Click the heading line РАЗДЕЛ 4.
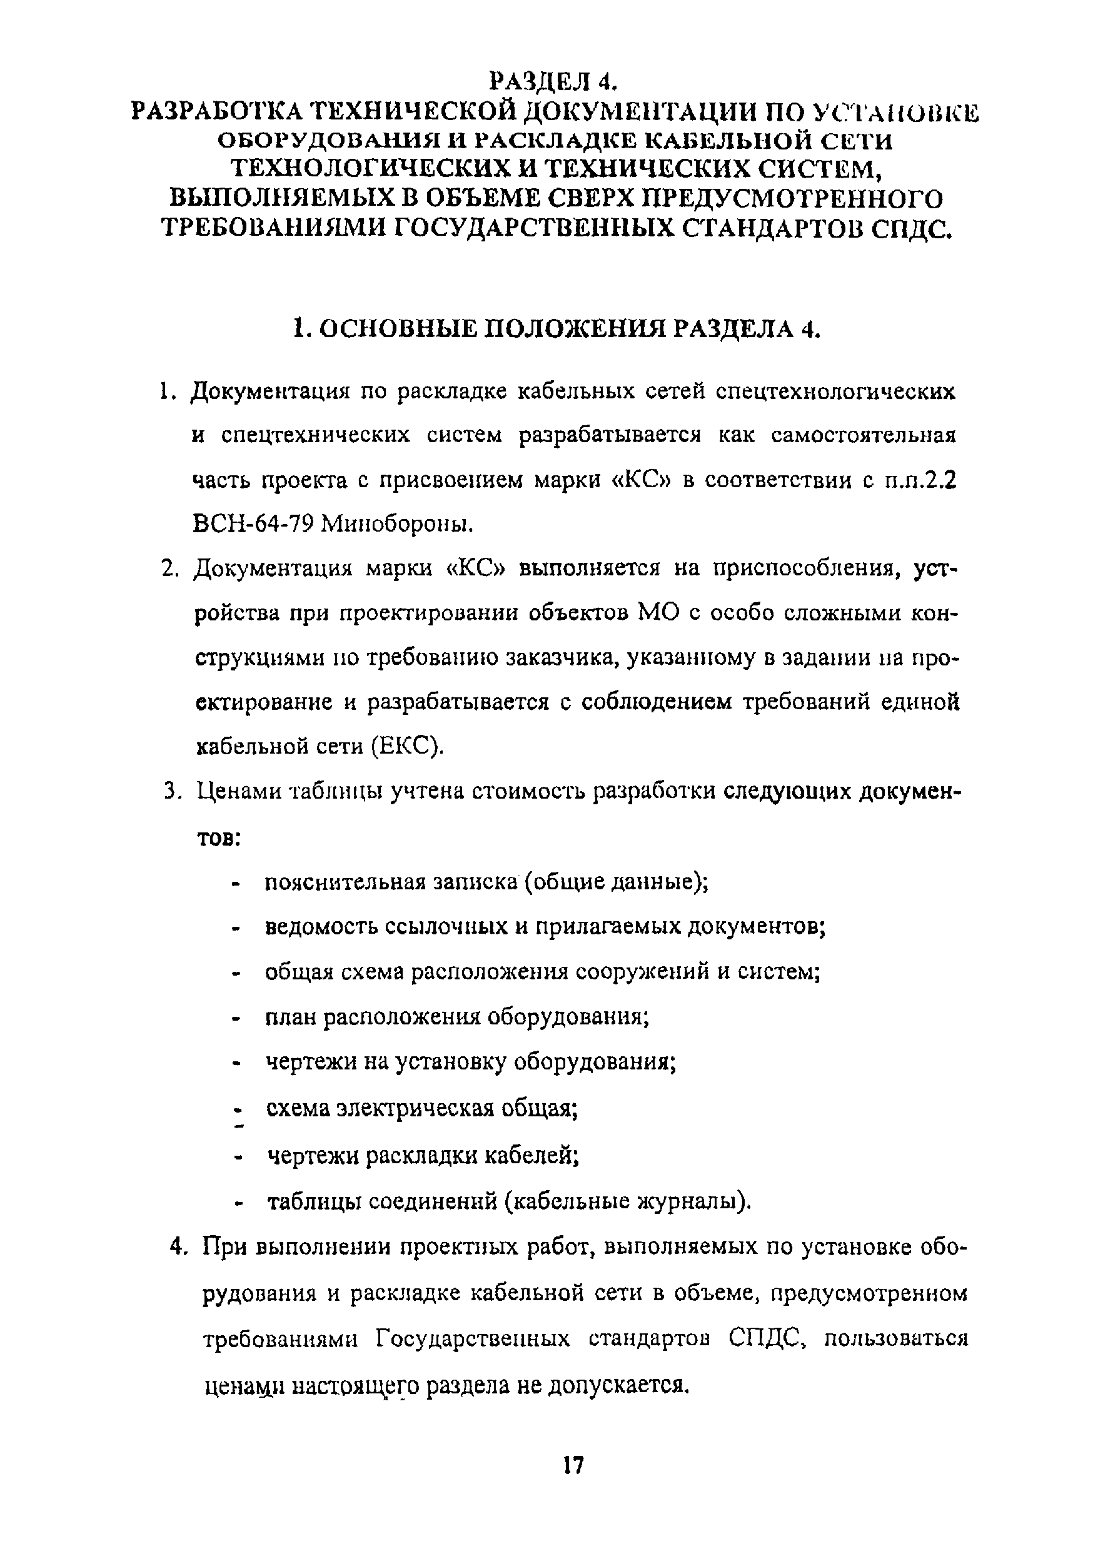[553, 81]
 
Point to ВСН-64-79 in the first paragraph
[251, 523]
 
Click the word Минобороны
[395, 523]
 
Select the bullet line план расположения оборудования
[456, 1017]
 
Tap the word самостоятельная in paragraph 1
[864, 435]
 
